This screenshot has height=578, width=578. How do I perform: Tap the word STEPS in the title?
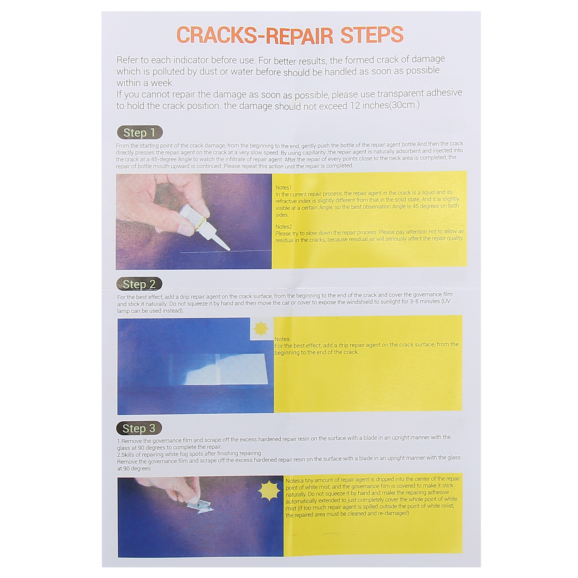point(372,35)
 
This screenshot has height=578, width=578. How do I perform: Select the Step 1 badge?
point(139,132)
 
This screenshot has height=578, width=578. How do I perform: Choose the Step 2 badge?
point(139,284)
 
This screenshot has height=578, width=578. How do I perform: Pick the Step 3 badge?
point(139,428)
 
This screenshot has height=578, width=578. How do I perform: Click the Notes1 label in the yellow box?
point(283,188)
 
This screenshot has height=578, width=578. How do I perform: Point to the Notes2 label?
point(284,227)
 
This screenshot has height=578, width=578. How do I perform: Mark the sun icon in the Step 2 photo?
point(261,329)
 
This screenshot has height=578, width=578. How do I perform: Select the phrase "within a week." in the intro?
point(145,83)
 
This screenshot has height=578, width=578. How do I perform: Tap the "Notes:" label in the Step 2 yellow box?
point(283,339)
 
